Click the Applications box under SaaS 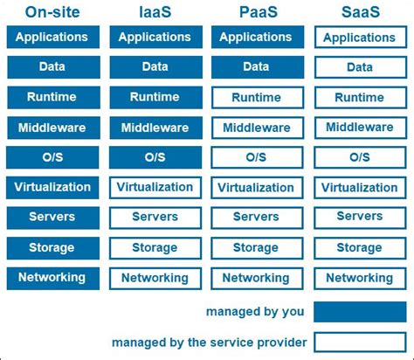(x=359, y=38)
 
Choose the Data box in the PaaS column (x=256, y=67)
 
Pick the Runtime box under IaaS (x=155, y=97)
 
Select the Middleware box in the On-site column (x=52, y=128)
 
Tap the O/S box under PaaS (x=256, y=158)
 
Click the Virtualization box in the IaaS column (x=155, y=187)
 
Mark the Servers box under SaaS (x=359, y=217)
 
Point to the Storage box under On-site (x=52, y=247)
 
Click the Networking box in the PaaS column (x=256, y=278)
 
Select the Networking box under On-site (x=52, y=278)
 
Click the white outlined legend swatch (x=359, y=342)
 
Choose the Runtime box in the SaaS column (x=359, y=98)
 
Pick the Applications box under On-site (x=52, y=38)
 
